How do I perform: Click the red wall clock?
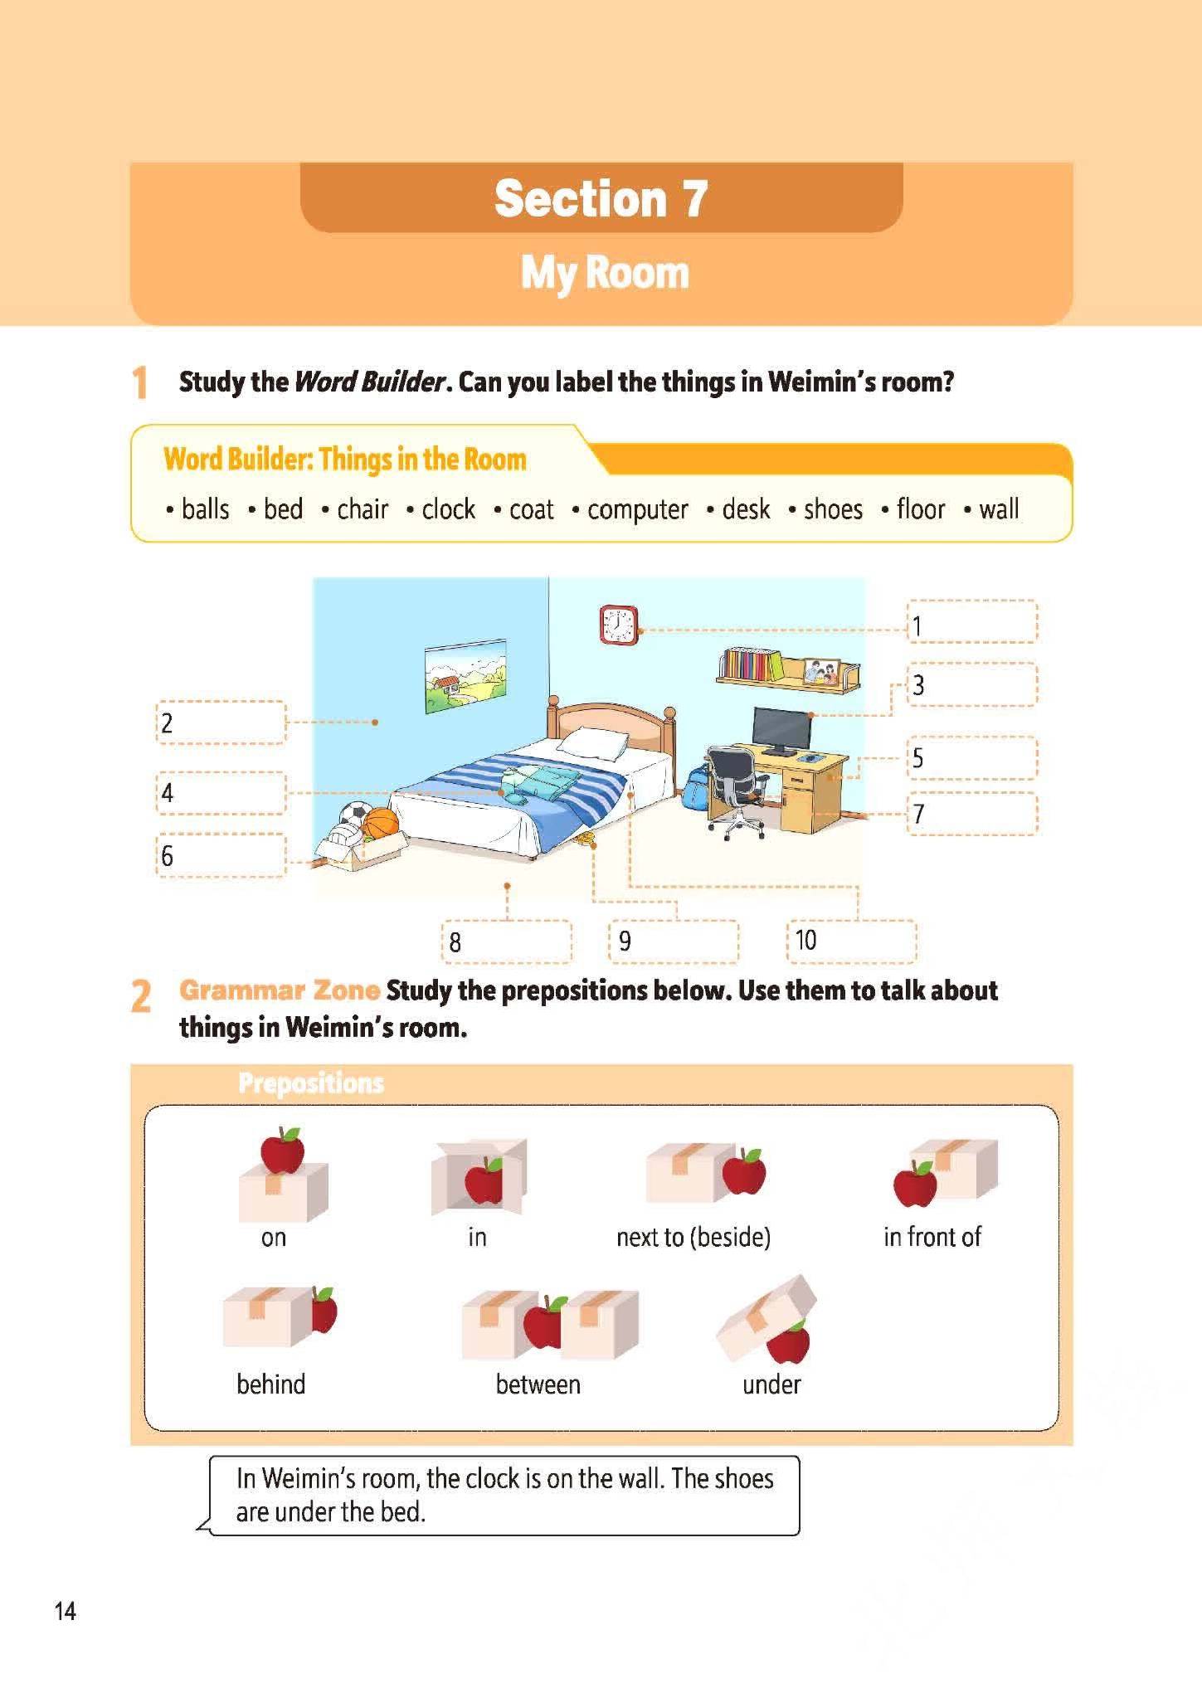(x=618, y=624)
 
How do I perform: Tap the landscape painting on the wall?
(x=465, y=675)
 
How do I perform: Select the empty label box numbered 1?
(x=971, y=621)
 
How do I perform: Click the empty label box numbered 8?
(x=507, y=941)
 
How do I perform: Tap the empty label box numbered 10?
(x=851, y=941)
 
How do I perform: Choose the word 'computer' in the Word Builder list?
(x=637, y=509)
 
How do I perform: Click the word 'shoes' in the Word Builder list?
(x=833, y=509)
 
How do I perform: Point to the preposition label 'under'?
(x=771, y=1384)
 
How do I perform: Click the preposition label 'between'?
(x=538, y=1384)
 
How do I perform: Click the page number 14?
(x=65, y=1611)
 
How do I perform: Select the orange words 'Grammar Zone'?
(x=280, y=990)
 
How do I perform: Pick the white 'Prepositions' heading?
(x=311, y=1083)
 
